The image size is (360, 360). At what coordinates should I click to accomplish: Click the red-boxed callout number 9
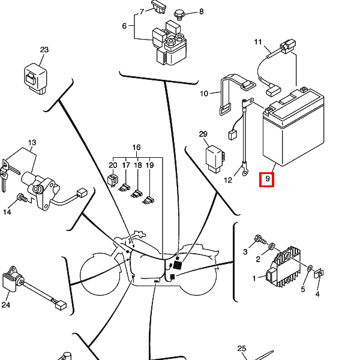tap(268, 178)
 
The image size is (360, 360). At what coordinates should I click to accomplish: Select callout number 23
tap(44, 50)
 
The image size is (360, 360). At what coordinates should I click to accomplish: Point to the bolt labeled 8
tap(179, 14)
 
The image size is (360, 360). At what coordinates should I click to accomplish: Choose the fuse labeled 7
tap(158, 7)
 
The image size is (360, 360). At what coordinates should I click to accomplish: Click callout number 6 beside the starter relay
tap(124, 26)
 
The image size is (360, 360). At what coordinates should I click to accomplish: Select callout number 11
tap(258, 42)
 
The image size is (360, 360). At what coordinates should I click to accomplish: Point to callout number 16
tap(136, 147)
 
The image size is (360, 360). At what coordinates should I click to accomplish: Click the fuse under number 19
tap(149, 200)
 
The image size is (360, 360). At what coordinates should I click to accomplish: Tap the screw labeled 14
tap(22, 197)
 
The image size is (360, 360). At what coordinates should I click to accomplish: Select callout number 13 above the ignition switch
tap(32, 142)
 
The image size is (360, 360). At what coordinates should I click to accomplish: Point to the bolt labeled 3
tap(260, 240)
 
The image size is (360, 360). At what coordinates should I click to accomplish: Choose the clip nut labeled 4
tap(319, 274)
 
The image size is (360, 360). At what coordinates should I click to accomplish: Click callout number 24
tap(6, 305)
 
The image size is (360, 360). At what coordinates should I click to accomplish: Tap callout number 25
tap(242, 349)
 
